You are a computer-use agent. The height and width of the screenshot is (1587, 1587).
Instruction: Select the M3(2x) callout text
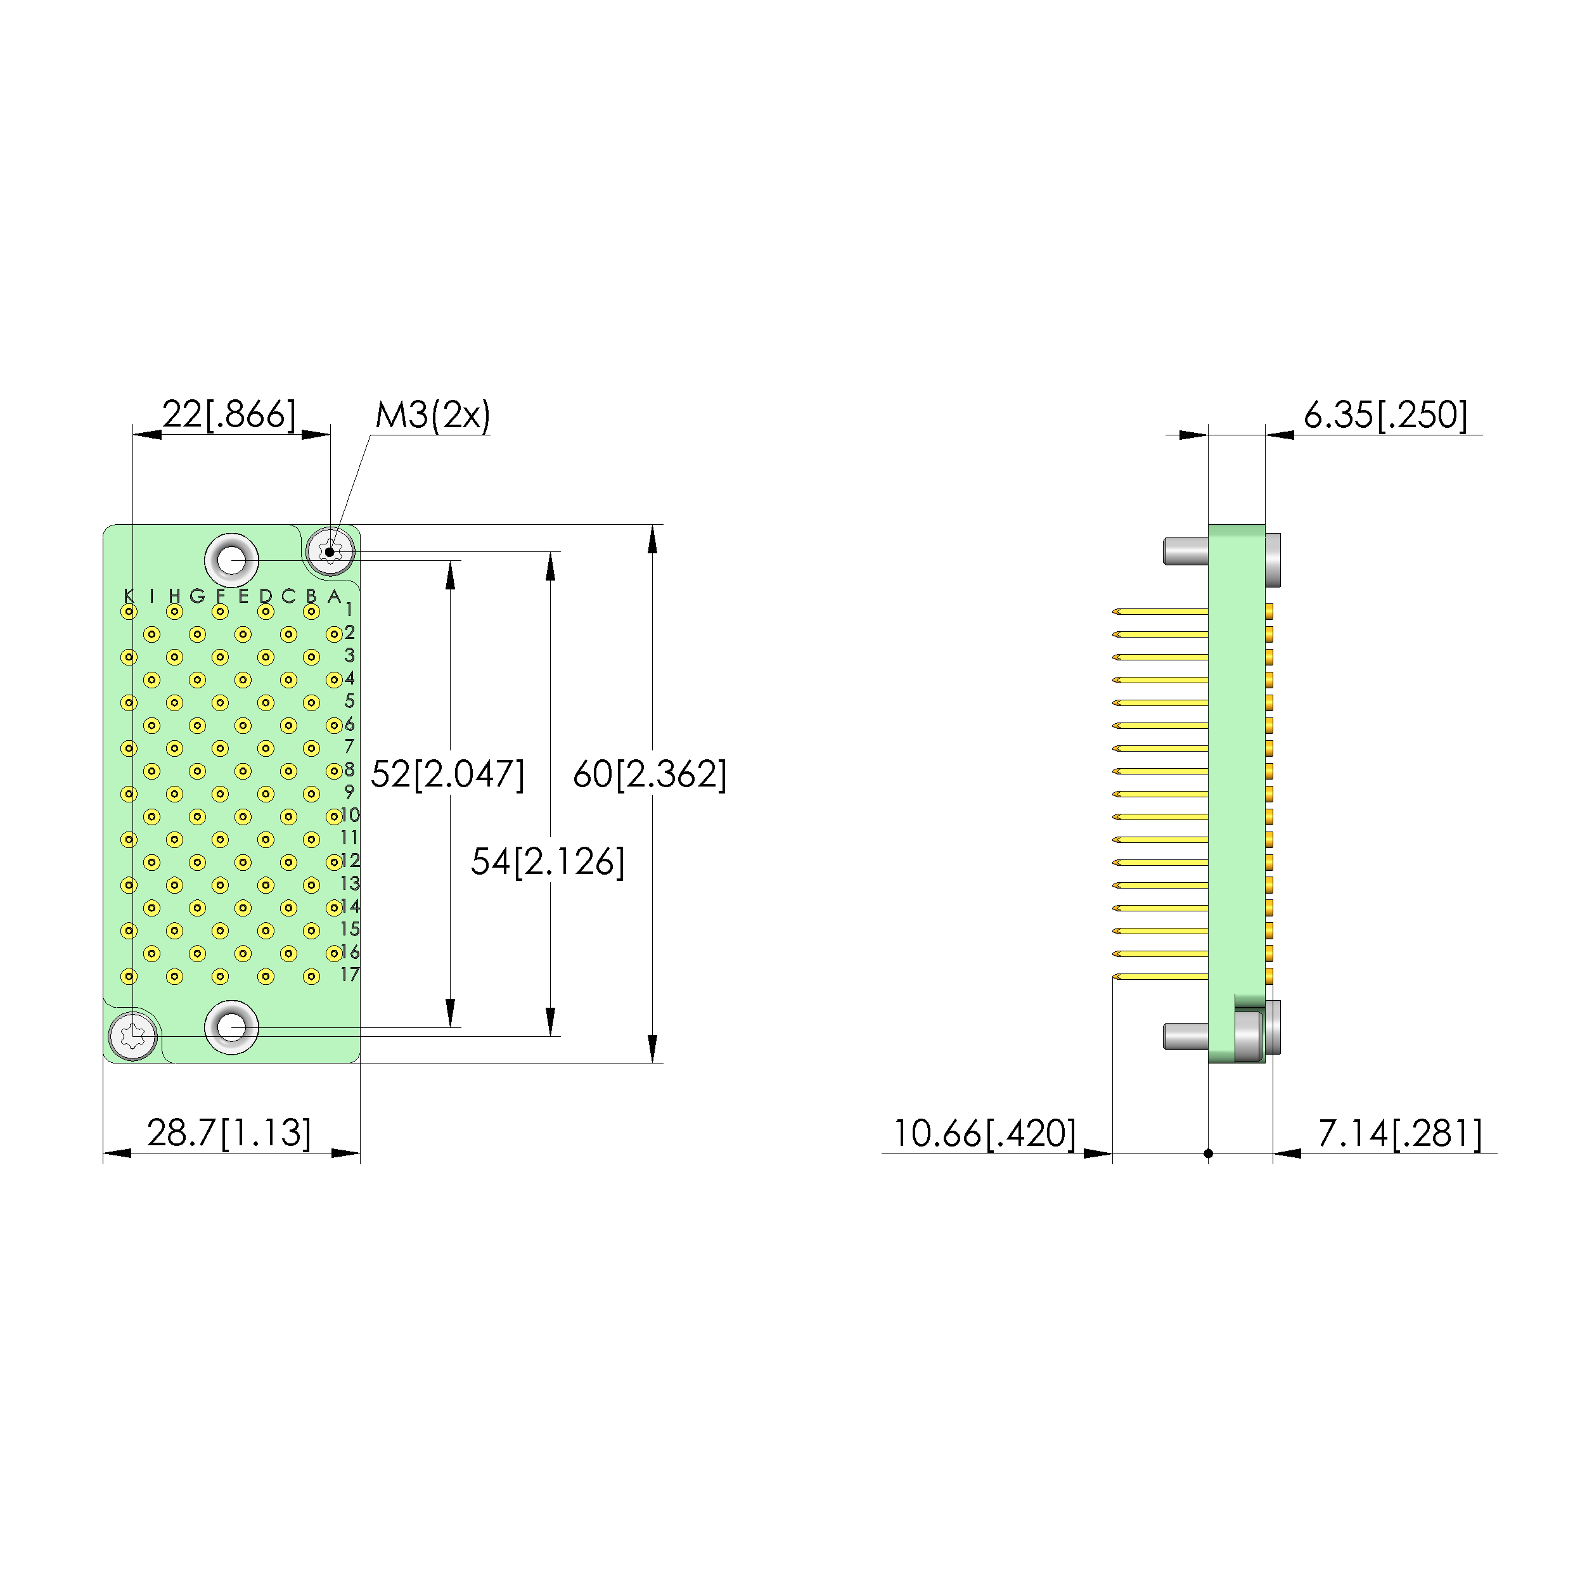point(433,415)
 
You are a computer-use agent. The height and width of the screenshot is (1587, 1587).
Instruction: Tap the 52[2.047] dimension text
point(447,774)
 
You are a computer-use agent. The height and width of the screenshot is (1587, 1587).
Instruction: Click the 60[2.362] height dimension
point(650,774)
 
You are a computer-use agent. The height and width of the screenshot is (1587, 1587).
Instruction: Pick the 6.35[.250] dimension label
point(1385,415)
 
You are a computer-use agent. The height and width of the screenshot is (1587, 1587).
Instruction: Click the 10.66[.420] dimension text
point(984,1134)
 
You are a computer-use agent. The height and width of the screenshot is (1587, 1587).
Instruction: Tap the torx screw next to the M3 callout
point(330,551)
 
